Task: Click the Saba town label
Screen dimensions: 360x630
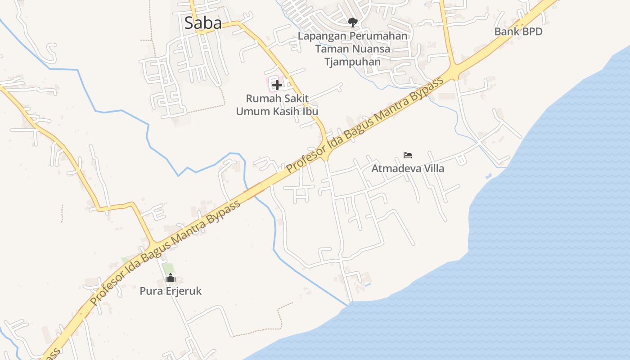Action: (203, 23)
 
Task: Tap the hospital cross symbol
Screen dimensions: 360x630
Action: (277, 85)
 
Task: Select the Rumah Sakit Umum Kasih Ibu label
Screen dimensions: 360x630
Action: (277, 104)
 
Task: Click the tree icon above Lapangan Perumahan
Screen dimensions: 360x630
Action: (352, 22)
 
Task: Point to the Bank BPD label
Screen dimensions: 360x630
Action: (518, 31)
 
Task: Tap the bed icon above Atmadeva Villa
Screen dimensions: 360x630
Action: (408, 155)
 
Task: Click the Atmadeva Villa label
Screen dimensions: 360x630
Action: (408, 168)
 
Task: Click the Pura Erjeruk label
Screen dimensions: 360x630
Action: (171, 291)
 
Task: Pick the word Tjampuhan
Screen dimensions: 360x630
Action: (353, 62)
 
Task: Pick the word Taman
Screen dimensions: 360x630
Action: (330, 49)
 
